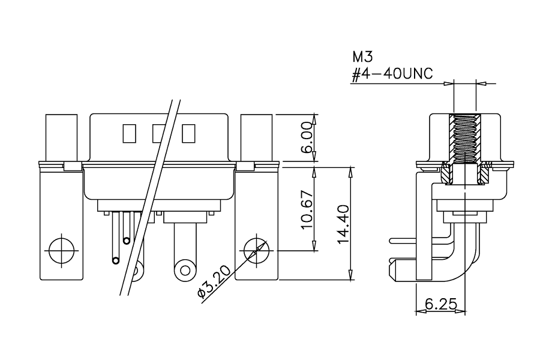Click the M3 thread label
(x=362, y=56)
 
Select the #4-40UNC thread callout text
(x=392, y=74)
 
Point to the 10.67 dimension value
(x=307, y=210)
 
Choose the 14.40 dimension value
(x=344, y=224)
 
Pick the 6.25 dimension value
(x=441, y=304)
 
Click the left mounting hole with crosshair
(x=62, y=251)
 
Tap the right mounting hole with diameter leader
(x=256, y=250)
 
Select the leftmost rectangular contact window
(x=129, y=133)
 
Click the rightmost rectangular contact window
(x=189, y=133)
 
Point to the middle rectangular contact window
(x=159, y=133)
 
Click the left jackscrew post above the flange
(x=61, y=138)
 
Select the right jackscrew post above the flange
(x=256, y=138)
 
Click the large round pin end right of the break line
(x=185, y=270)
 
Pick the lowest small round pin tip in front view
(x=116, y=260)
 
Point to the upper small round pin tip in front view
(x=127, y=241)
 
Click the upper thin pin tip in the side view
(x=391, y=241)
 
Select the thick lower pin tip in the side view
(x=392, y=271)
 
